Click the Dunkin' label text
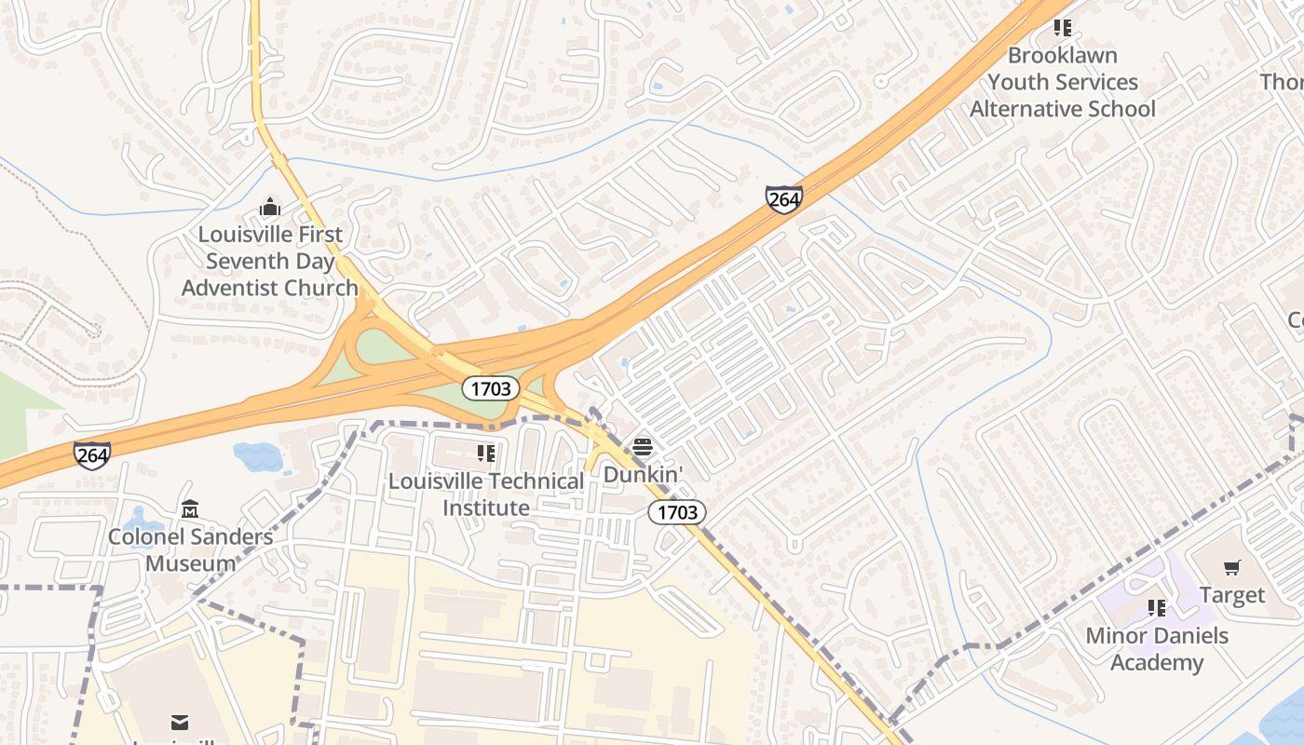click(643, 474)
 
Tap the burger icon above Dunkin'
click(643, 447)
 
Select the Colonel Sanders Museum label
click(191, 549)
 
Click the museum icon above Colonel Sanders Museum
click(190, 508)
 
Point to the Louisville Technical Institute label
click(486, 494)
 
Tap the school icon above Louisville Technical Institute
click(486, 454)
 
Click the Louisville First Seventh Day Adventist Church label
click(269, 261)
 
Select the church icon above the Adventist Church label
click(270, 206)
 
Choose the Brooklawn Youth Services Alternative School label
click(1063, 82)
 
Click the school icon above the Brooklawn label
click(1063, 28)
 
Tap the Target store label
click(1232, 595)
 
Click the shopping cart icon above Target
click(1232, 567)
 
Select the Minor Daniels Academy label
click(1157, 649)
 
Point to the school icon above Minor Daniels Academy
click(1157, 608)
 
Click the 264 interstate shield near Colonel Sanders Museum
click(92, 455)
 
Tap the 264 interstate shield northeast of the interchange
click(784, 199)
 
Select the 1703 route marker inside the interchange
click(491, 388)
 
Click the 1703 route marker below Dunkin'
click(677, 512)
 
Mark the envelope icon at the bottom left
click(180, 723)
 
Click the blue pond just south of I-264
click(257, 456)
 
